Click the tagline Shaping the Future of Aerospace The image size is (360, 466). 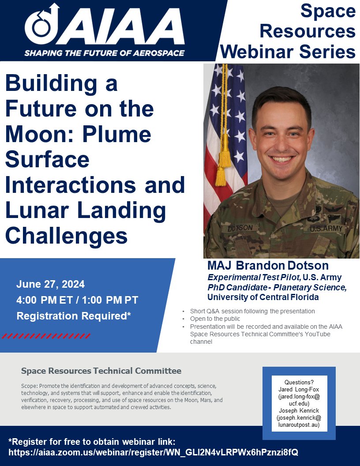pos(105,53)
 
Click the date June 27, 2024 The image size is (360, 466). pos(51,284)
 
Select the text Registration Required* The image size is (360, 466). pos(74,316)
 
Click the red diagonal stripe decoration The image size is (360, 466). pos(46,336)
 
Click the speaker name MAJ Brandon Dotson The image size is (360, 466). pos(268,266)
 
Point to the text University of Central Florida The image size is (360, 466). pos(263,297)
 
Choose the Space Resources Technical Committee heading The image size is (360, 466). pos(101,371)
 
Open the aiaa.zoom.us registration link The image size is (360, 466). pos(154,452)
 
